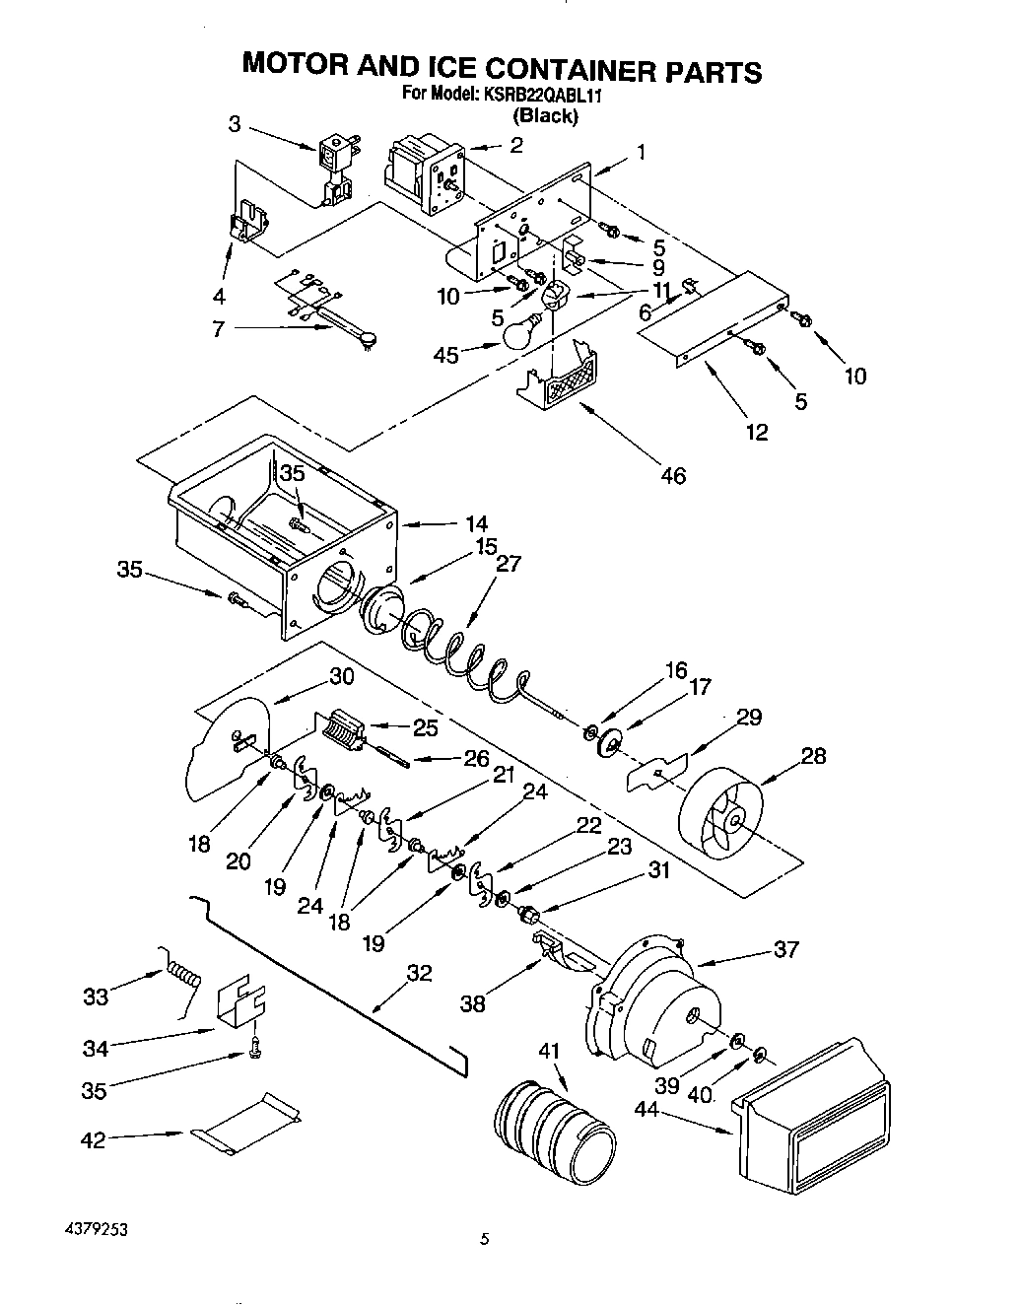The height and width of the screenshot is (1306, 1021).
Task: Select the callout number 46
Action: (x=673, y=475)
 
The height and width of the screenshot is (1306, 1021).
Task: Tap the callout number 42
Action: (x=94, y=1140)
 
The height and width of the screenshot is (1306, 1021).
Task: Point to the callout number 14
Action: (x=476, y=523)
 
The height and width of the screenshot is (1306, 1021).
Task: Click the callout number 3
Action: (x=235, y=123)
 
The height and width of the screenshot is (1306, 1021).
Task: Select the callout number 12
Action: (x=756, y=431)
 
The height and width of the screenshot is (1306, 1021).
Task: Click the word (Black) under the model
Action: (x=544, y=115)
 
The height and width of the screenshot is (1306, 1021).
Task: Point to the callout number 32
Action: (x=419, y=974)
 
